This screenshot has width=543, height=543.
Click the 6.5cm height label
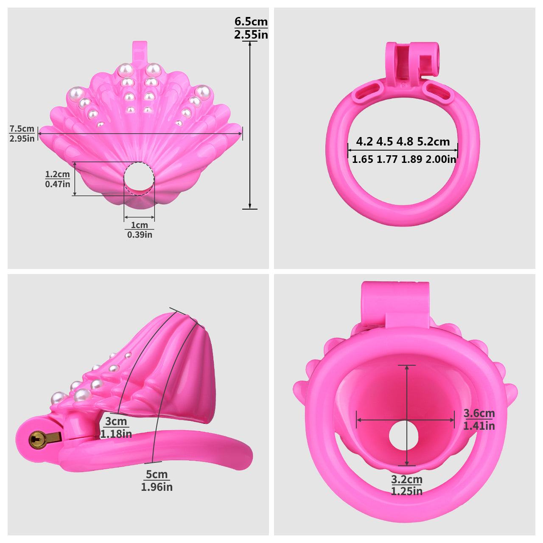tap(251, 21)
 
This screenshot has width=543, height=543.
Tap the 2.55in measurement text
tap(251, 35)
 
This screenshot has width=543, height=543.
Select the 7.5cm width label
tap(22, 129)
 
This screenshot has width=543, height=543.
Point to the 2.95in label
tap(22, 138)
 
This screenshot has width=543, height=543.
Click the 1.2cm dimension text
tap(58, 174)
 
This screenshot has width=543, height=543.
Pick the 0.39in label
tap(140, 235)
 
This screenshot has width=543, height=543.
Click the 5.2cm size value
tap(434, 141)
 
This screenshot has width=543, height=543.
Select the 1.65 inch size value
tap(362, 160)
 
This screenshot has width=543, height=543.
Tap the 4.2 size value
tap(364, 141)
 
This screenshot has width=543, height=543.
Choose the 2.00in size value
tap(441, 160)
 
